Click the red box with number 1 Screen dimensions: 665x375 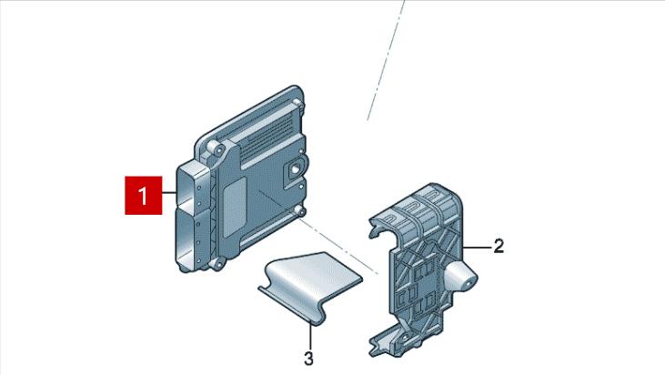click(144, 195)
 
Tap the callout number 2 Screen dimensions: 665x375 click(499, 246)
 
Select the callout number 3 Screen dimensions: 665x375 click(308, 359)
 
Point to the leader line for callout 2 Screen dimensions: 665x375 click(477, 246)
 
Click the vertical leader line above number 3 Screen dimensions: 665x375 click(310, 337)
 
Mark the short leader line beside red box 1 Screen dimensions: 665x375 click(169, 194)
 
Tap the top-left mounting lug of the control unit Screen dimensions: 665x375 click(215, 148)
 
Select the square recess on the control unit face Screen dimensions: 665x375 click(294, 170)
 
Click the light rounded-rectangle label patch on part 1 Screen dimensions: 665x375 click(235, 207)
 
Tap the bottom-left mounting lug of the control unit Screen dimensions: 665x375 click(217, 264)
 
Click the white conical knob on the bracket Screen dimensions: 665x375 click(460, 277)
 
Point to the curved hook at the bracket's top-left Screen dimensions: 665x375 click(377, 227)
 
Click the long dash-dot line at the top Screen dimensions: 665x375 click(386, 60)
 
